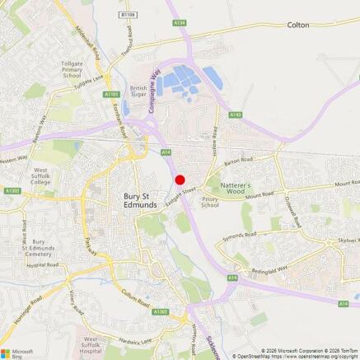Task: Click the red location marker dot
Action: click(x=180, y=180)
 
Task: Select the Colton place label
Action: click(x=298, y=26)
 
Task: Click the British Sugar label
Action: click(x=138, y=91)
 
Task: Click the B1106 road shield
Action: click(x=126, y=15)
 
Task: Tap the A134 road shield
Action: click(x=180, y=23)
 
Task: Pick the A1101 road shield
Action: click(x=113, y=95)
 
